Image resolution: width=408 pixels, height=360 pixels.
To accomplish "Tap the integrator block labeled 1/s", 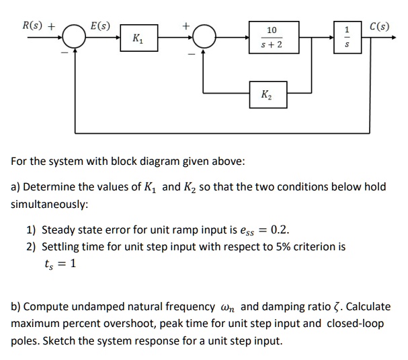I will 347,38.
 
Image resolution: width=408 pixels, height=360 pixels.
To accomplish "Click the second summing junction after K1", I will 204,38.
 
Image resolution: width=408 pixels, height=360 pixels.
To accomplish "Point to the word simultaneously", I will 50,203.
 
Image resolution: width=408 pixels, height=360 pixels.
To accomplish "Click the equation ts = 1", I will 60,264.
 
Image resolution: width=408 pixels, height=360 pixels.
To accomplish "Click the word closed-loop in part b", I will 355,323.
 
